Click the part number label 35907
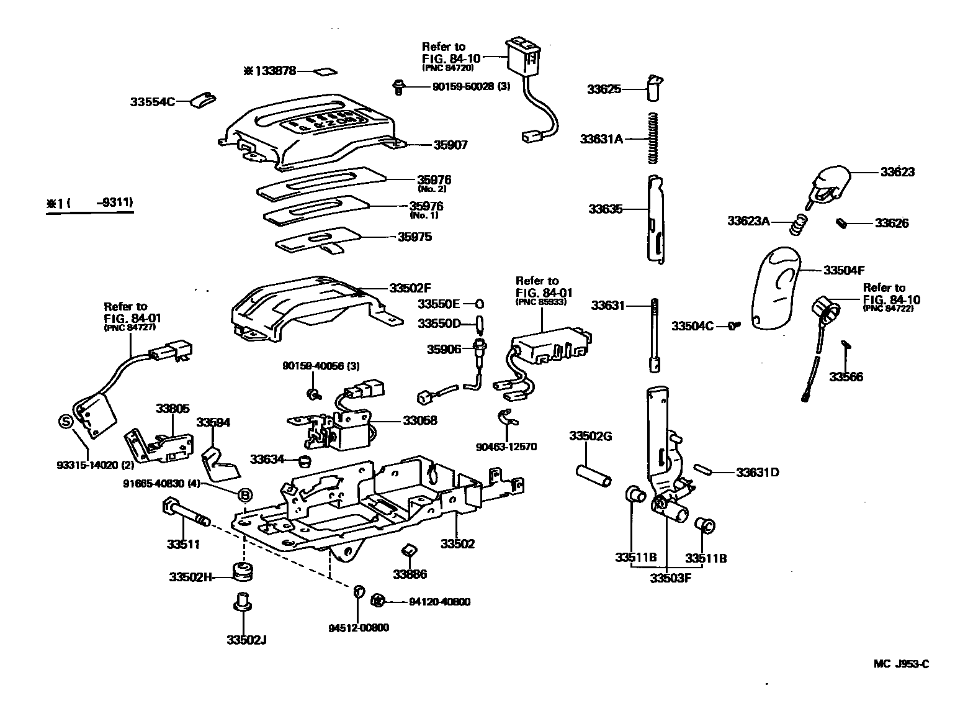click(x=450, y=145)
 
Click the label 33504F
click(x=844, y=270)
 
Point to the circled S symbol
click(x=65, y=422)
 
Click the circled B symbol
click(x=245, y=494)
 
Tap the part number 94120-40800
click(x=439, y=601)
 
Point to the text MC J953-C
click(x=901, y=664)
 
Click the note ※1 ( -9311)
click(x=89, y=202)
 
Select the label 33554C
click(x=153, y=101)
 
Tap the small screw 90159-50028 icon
click(x=400, y=87)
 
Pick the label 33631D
click(x=757, y=472)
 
